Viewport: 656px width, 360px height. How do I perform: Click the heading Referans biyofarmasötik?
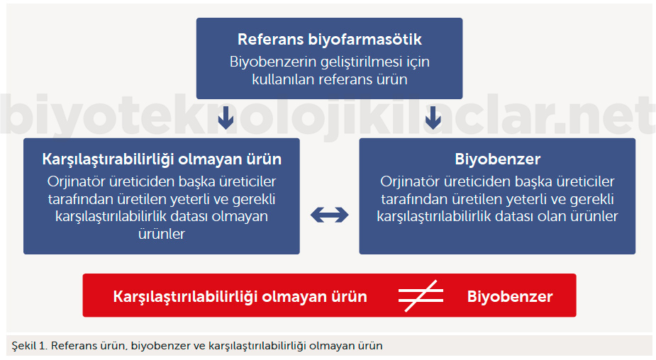330,39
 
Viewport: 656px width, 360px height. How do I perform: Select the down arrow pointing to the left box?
226,118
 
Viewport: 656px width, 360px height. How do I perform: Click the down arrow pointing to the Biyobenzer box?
433,118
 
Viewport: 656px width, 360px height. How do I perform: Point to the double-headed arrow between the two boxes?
329,215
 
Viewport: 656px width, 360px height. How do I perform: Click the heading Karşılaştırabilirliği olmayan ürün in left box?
162,159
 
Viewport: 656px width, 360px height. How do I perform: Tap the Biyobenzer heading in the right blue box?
497,159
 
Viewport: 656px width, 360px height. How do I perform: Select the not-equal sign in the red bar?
421,296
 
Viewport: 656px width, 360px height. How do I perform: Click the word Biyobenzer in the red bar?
510,296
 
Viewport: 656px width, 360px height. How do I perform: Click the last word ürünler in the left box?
162,234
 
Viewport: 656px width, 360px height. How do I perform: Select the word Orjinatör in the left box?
76,181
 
